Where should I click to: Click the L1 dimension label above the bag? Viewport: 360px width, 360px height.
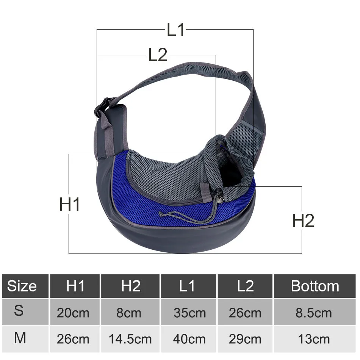(175, 30)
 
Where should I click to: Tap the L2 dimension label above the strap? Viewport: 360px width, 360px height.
(158, 55)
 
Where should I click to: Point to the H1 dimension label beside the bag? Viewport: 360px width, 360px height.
(70, 204)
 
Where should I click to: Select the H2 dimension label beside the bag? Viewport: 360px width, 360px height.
(303, 221)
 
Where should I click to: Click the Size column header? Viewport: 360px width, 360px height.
(22, 286)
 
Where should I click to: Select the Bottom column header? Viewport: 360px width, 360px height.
(315, 286)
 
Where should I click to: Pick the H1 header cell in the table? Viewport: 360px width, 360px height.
(75, 286)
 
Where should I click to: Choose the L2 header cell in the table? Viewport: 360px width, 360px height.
(246, 286)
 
